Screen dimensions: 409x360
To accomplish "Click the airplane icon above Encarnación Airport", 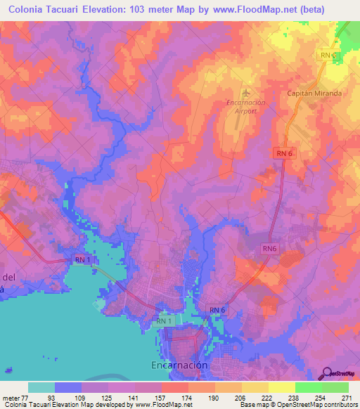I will (245, 93).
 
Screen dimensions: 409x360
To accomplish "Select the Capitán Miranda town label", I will (314, 93).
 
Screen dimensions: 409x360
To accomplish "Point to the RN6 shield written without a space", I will (269, 248).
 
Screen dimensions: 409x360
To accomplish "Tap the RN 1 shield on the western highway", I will (82, 260).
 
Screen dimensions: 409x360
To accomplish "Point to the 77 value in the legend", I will (27, 397).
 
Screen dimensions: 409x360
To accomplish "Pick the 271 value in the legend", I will (348, 397).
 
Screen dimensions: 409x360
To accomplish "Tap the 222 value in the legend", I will (268, 397).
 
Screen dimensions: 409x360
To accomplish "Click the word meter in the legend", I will (11, 397).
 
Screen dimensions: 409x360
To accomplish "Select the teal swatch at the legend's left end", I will (41, 387).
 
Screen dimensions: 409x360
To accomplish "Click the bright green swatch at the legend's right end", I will (335, 387).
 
